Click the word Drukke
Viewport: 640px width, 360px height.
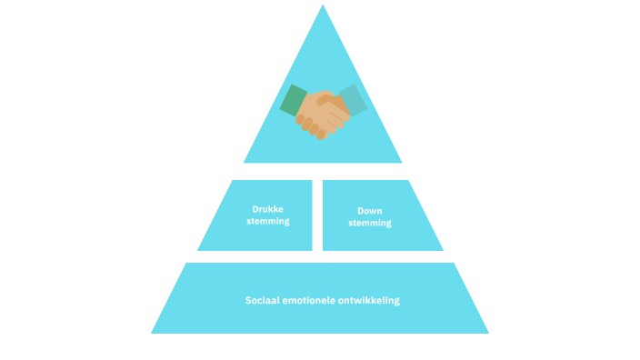pos(267,209)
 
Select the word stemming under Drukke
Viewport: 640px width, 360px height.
pos(267,221)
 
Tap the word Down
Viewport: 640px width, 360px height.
pos(369,211)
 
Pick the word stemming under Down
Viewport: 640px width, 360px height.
pos(369,223)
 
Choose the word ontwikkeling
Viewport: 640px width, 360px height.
pos(371,300)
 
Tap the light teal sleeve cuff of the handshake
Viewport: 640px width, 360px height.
pos(353,99)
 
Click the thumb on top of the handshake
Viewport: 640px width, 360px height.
pos(327,99)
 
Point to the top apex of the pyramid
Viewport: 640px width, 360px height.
pos(323,6)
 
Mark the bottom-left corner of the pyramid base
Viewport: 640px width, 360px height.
pos(153,333)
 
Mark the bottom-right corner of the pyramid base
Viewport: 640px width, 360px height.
pos(487,333)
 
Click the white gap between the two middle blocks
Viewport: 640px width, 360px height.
pos(317,215)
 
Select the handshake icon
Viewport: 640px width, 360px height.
pos(323,112)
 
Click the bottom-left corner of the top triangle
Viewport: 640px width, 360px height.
pos(245,162)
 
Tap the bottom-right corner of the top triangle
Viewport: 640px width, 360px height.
pos(400,162)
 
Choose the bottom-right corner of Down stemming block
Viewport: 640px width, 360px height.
pos(442,250)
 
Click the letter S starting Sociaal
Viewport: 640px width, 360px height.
pos(248,300)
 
